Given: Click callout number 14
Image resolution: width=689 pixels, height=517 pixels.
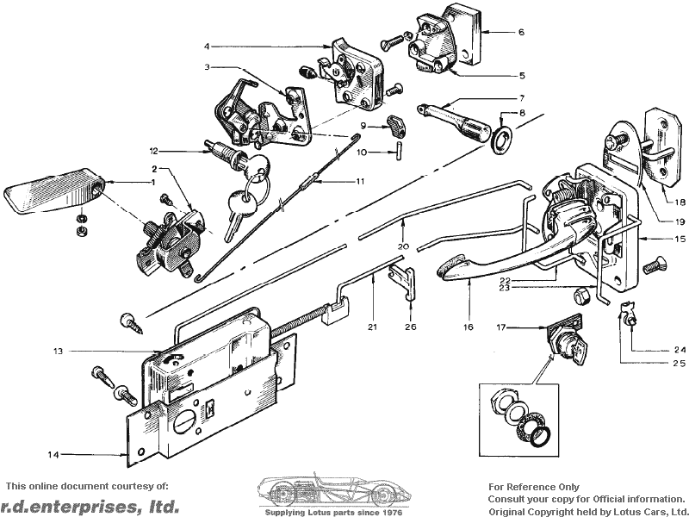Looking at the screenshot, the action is point(53,455).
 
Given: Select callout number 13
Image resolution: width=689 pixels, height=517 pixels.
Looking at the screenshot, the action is point(59,351).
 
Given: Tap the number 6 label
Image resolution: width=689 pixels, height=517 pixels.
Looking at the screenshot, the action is point(521,32).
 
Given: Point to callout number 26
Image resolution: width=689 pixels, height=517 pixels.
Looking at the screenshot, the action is point(411,327).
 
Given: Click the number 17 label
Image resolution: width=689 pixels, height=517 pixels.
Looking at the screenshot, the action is point(501,327).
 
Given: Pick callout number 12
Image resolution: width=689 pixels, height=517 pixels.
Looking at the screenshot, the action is point(153,152).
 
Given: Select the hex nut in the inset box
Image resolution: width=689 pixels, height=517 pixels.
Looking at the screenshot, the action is point(500,400).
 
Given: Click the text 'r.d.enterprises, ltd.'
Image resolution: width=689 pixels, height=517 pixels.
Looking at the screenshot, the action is point(90,506).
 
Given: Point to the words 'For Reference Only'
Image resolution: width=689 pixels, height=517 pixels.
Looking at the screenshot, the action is point(534,487).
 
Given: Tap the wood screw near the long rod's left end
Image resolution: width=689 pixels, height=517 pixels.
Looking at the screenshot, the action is point(132,324).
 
